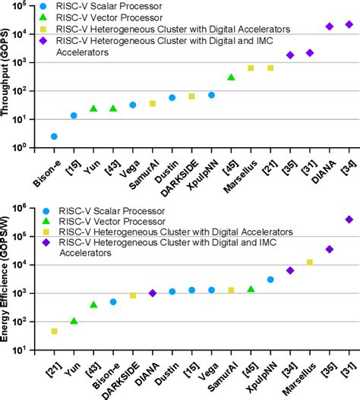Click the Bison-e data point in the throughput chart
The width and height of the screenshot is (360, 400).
(x=54, y=137)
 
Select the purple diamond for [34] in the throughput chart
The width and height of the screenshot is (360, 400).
(x=349, y=24)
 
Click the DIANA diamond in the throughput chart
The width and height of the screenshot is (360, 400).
(x=330, y=27)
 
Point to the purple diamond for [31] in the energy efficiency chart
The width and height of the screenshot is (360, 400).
(x=349, y=219)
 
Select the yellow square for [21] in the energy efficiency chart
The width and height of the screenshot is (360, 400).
(x=54, y=331)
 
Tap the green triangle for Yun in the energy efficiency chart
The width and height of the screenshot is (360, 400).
(x=74, y=321)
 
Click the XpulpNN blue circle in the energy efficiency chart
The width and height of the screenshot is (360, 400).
(x=270, y=279)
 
